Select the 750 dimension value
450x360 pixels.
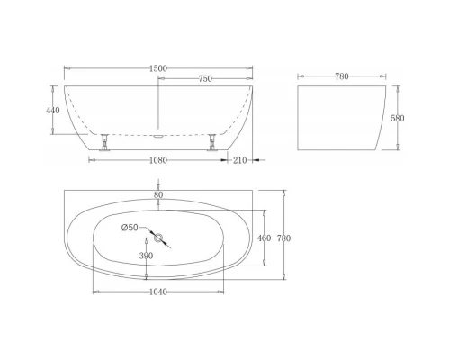point(206,78)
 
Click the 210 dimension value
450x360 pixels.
point(238,160)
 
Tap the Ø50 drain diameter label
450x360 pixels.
point(131,227)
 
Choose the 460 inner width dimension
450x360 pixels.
point(265,238)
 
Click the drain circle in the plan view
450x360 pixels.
point(159,238)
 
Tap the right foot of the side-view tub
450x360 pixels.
point(213,141)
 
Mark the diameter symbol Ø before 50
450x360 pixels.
point(125,227)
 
